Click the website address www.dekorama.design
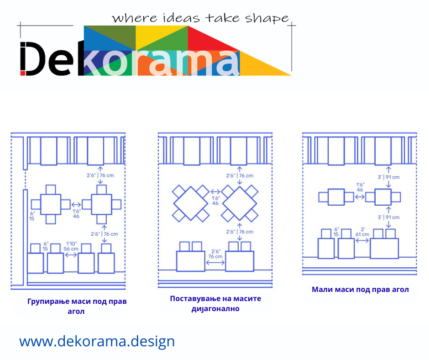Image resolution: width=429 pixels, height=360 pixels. point(97,341)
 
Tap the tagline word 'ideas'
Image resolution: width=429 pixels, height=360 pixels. point(181,18)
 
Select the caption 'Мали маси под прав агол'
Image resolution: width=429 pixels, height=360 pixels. point(360,290)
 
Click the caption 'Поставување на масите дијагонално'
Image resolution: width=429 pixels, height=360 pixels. point(215,303)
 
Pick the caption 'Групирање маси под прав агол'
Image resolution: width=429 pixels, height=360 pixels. point(77,306)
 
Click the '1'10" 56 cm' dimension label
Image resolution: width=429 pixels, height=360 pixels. point(71,246)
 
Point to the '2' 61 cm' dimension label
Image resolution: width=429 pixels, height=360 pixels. point(362,232)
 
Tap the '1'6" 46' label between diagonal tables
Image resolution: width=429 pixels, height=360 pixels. point(215,201)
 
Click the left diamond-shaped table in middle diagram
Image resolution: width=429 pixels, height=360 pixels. point(191,204)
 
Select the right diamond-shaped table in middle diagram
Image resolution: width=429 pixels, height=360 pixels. point(240,204)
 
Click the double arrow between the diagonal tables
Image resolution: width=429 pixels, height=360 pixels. point(215,192)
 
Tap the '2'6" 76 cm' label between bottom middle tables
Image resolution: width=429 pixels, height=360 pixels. point(215,254)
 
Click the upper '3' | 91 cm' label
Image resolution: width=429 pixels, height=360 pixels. point(388,177)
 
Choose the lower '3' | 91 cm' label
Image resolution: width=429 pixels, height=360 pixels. point(388,217)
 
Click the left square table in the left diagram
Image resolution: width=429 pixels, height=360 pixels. point(51,204)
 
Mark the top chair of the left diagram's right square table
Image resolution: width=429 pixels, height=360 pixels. point(101,190)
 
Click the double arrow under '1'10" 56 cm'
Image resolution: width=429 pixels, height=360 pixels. point(71,255)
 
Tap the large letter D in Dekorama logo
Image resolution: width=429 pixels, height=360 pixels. point(33,58)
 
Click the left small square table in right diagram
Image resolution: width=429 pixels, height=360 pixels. point(336,197)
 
